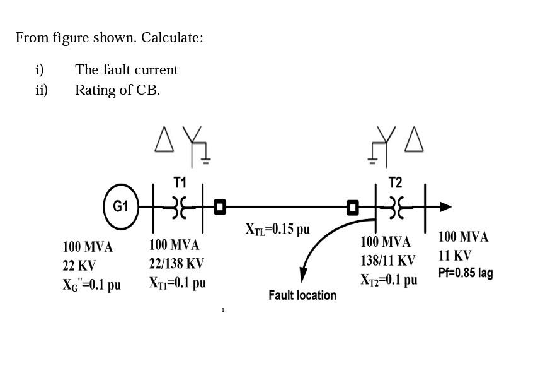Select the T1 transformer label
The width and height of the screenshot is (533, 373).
coord(180,182)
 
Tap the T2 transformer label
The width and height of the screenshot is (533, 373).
coord(395,182)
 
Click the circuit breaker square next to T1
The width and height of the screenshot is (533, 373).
coord(219,206)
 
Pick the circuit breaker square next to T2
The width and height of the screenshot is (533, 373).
coord(353,206)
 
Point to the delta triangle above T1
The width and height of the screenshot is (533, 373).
coord(164,140)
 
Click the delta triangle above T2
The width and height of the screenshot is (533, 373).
coord(413,140)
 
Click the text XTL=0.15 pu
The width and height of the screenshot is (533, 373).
coord(277,229)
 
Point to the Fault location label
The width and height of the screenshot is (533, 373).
coord(302,295)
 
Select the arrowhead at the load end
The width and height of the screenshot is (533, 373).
coord(445,206)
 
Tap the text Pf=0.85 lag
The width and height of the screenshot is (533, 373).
coord(466,273)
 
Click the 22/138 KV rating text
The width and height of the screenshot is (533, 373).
coord(176,264)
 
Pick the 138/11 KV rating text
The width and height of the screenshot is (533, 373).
coord(387,261)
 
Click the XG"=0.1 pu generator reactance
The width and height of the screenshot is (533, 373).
coord(91,285)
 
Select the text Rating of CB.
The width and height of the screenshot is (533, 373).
coord(117,90)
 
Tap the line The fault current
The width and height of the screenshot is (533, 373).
coord(126,70)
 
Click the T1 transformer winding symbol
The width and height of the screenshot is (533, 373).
coord(180,206)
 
